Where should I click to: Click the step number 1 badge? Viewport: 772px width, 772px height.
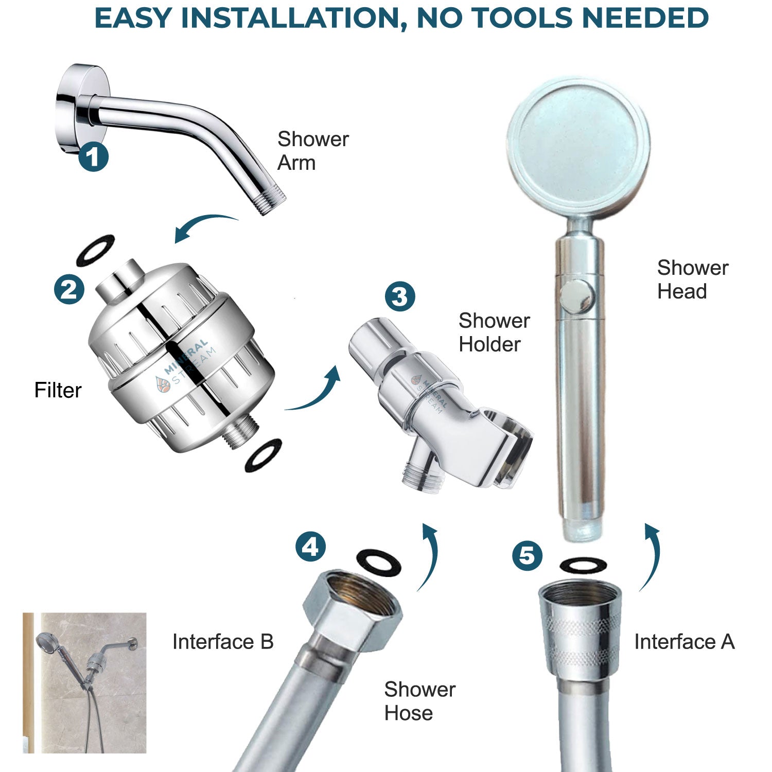pos(93,157)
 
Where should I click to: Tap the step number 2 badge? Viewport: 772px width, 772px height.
pos(69,290)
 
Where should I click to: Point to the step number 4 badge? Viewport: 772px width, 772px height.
pos(310,547)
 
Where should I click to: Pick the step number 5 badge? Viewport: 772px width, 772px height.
pos(527,556)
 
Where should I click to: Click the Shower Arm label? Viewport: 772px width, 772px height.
pos(313,151)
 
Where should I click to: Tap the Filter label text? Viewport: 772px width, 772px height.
pos(58,390)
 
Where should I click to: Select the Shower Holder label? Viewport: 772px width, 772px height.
pos(494,332)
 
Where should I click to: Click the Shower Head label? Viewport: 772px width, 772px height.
pos(693,279)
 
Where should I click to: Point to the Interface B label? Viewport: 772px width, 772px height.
pos(223,642)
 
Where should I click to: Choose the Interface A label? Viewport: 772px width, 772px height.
pos(684,642)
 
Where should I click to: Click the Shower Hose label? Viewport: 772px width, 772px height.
pos(419,701)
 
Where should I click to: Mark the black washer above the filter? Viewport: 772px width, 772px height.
pos(95,251)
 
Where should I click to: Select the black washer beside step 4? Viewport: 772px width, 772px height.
pos(379,562)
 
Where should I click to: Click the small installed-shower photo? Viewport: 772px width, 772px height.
pos(84,682)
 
